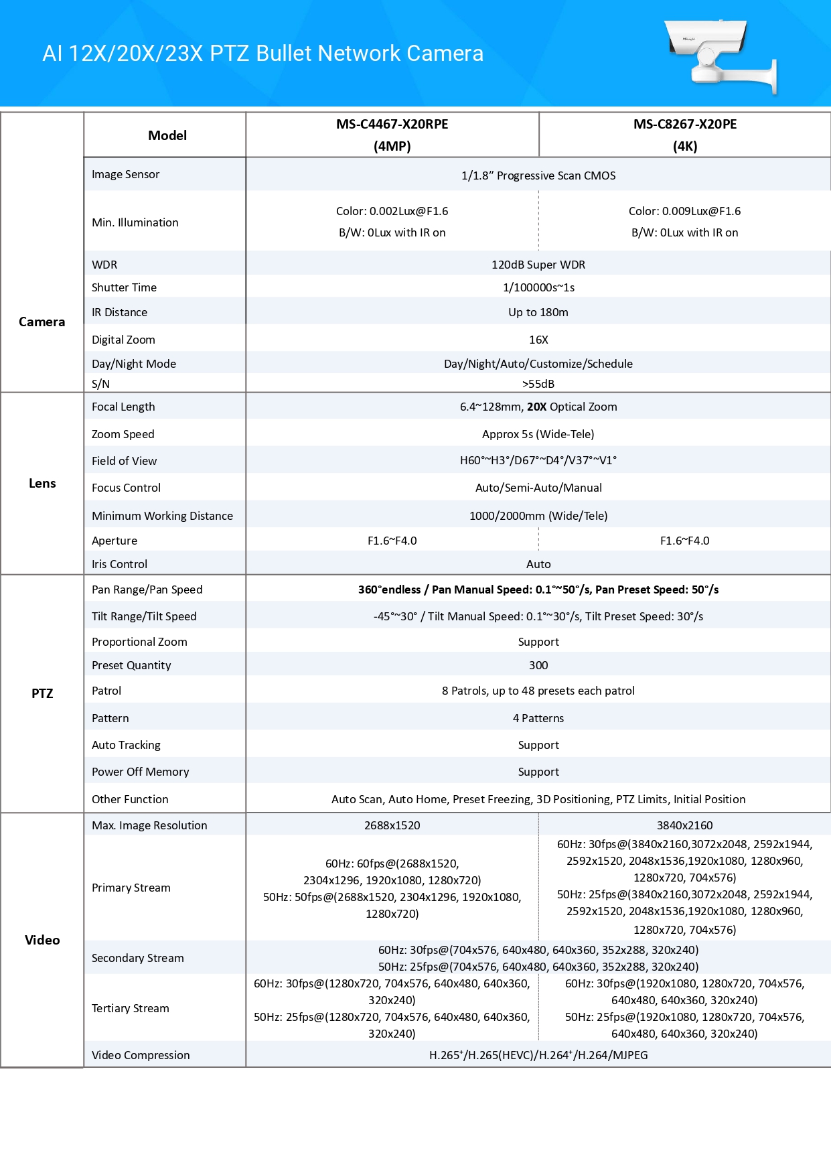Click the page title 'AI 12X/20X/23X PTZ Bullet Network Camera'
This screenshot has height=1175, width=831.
click(x=262, y=54)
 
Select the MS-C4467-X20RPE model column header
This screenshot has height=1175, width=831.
click(x=392, y=135)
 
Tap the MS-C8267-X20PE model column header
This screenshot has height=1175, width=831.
click(x=684, y=135)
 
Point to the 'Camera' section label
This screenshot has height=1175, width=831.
click(x=42, y=322)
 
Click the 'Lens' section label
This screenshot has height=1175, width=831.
click(x=42, y=483)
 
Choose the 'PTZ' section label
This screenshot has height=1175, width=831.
click(x=42, y=693)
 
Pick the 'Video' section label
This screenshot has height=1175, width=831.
click(x=42, y=940)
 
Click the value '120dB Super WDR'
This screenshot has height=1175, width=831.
click(x=538, y=265)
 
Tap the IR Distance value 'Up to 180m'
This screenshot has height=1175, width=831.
click(x=538, y=312)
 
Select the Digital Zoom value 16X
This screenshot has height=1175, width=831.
click(x=538, y=340)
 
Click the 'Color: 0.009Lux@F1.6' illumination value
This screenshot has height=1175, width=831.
click(x=684, y=211)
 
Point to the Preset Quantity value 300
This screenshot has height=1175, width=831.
click(x=538, y=665)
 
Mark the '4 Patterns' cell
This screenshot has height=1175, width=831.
click(x=538, y=718)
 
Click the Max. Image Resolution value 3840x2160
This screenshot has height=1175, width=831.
click(x=684, y=825)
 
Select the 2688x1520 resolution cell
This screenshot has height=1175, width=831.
click(x=392, y=825)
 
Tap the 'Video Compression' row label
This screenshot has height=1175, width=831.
click(x=141, y=1055)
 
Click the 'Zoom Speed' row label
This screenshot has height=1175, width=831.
click(x=123, y=434)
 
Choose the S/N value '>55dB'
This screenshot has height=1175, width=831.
click(x=538, y=384)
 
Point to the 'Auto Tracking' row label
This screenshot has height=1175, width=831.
click(x=126, y=745)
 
